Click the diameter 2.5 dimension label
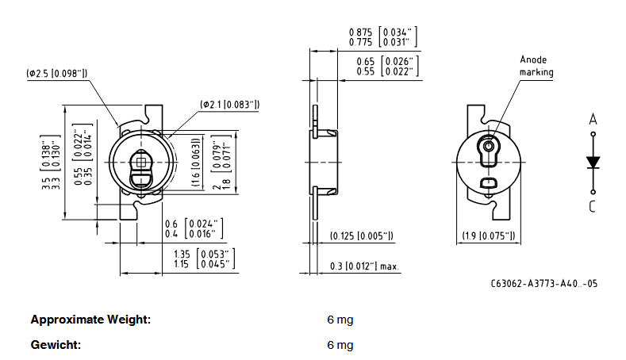[x=56, y=74]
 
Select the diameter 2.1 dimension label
[x=230, y=104]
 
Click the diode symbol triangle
[x=593, y=162]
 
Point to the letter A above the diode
[x=593, y=120]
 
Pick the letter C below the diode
[x=593, y=207]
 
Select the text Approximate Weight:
[x=90, y=320]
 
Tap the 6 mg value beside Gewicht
[x=340, y=345]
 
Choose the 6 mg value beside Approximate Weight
[x=340, y=320]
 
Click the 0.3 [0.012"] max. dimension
[x=363, y=266]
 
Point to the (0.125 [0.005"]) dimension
[x=361, y=236]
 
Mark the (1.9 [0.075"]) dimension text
[x=489, y=236]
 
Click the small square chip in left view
[x=142, y=162]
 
